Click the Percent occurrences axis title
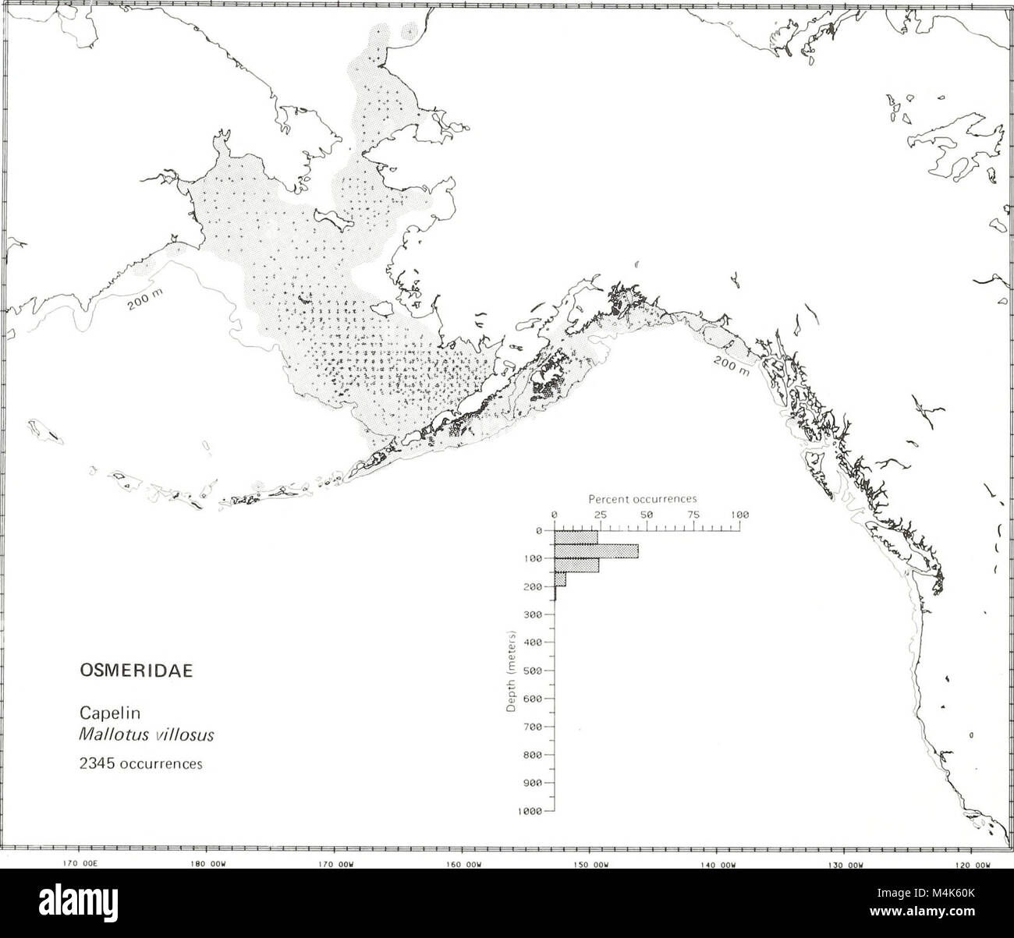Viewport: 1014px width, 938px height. point(642,498)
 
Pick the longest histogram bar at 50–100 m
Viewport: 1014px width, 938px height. point(596,551)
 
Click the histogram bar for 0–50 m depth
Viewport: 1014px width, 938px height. point(576,537)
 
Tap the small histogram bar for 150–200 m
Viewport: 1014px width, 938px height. point(560,579)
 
